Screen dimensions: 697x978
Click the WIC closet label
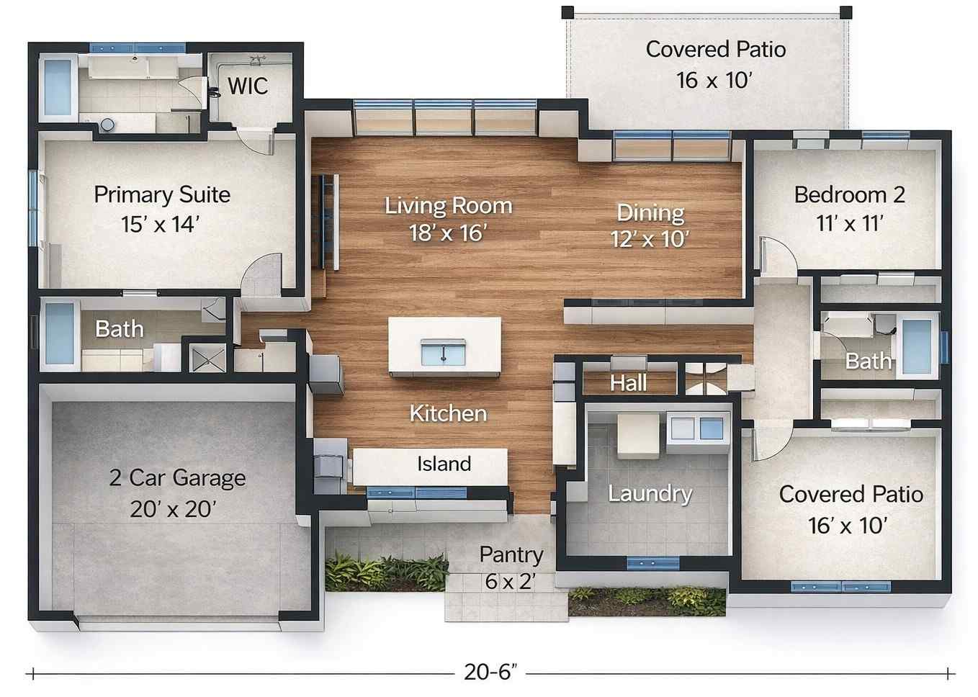coord(248,86)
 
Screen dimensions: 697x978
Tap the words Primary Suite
coord(162,194)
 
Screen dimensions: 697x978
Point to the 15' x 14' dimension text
coord(159,225)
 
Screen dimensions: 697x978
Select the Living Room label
coord(448,206)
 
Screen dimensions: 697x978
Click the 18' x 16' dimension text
coord(448,233)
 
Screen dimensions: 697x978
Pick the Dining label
coord(650,212)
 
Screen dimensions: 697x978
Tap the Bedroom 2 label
coord(849,194)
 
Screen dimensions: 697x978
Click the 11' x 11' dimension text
coord(849,224)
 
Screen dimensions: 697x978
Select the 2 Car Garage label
coord(177,478)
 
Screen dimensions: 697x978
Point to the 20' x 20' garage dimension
coord(173,509)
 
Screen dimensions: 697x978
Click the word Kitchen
coord(448,413)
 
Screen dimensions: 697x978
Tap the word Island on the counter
coord(444,464)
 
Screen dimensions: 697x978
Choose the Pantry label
coord(511,554)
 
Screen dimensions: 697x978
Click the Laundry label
coord(650,494)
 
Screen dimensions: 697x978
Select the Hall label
coord(628,383)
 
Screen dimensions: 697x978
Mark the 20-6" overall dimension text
coord(491,672)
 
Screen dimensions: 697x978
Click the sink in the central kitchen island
coord(443,353)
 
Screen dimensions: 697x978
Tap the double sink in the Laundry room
coord(697,428)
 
